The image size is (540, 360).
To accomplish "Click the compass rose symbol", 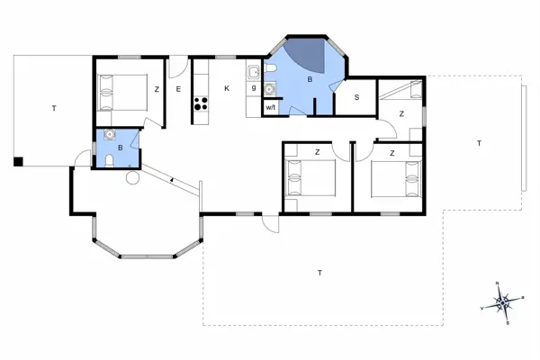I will tap(503, 301).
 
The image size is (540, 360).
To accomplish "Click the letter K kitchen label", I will tap(226, 88).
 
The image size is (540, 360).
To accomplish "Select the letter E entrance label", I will tap(179, 88).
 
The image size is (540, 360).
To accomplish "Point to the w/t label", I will tap(270, 107).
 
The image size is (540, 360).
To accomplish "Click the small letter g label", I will tap(255, 88).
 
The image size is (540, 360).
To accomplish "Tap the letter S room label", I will tap(356, 97).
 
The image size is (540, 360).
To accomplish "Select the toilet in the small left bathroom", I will tap(109, 159).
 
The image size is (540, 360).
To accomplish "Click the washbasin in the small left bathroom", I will tap(110, 137).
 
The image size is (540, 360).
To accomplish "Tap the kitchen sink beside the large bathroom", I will tap(253, 71).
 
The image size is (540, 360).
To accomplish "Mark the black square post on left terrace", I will tap(17, 162).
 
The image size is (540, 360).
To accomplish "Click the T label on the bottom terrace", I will tap(319, 272).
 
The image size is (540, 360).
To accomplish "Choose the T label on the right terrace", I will tap(479, 144).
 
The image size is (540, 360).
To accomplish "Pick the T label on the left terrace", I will tap(53, 108).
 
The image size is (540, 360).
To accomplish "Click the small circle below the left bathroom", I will tap(132, 178).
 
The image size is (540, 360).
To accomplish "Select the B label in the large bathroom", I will tap(310, 79).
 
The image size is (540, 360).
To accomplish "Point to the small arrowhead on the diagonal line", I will tap(171, 181).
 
